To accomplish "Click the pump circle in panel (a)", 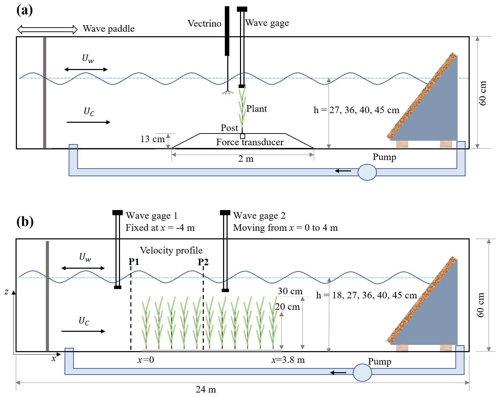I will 367,172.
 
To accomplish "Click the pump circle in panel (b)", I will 362,373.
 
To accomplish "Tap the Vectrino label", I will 204,23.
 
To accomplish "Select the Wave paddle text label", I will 108,29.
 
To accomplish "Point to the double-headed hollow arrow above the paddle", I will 47,30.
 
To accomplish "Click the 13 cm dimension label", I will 152,139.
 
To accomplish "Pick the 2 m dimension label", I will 246,159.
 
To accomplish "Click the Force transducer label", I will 250,142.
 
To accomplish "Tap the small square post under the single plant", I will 242,136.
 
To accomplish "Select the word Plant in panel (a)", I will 257,109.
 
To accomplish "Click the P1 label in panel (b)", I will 134,262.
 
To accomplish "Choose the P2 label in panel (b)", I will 203,262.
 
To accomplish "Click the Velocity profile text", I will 171,250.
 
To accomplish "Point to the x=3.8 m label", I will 288,360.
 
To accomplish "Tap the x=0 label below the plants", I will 146,360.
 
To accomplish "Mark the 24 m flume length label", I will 206,390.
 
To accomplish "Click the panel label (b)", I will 25,221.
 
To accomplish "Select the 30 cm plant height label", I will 290,291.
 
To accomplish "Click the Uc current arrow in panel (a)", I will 88,122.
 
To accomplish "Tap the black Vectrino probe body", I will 227,31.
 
